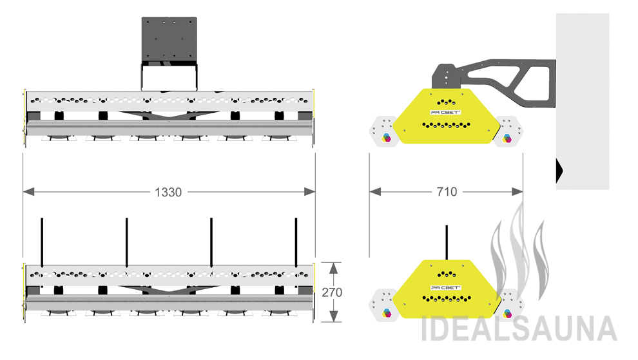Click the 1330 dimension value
168,192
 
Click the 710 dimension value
446,192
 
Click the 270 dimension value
332,292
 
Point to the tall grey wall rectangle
583,97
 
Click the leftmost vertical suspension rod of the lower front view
42,242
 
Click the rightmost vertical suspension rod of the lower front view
296,242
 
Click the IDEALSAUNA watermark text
519,328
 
